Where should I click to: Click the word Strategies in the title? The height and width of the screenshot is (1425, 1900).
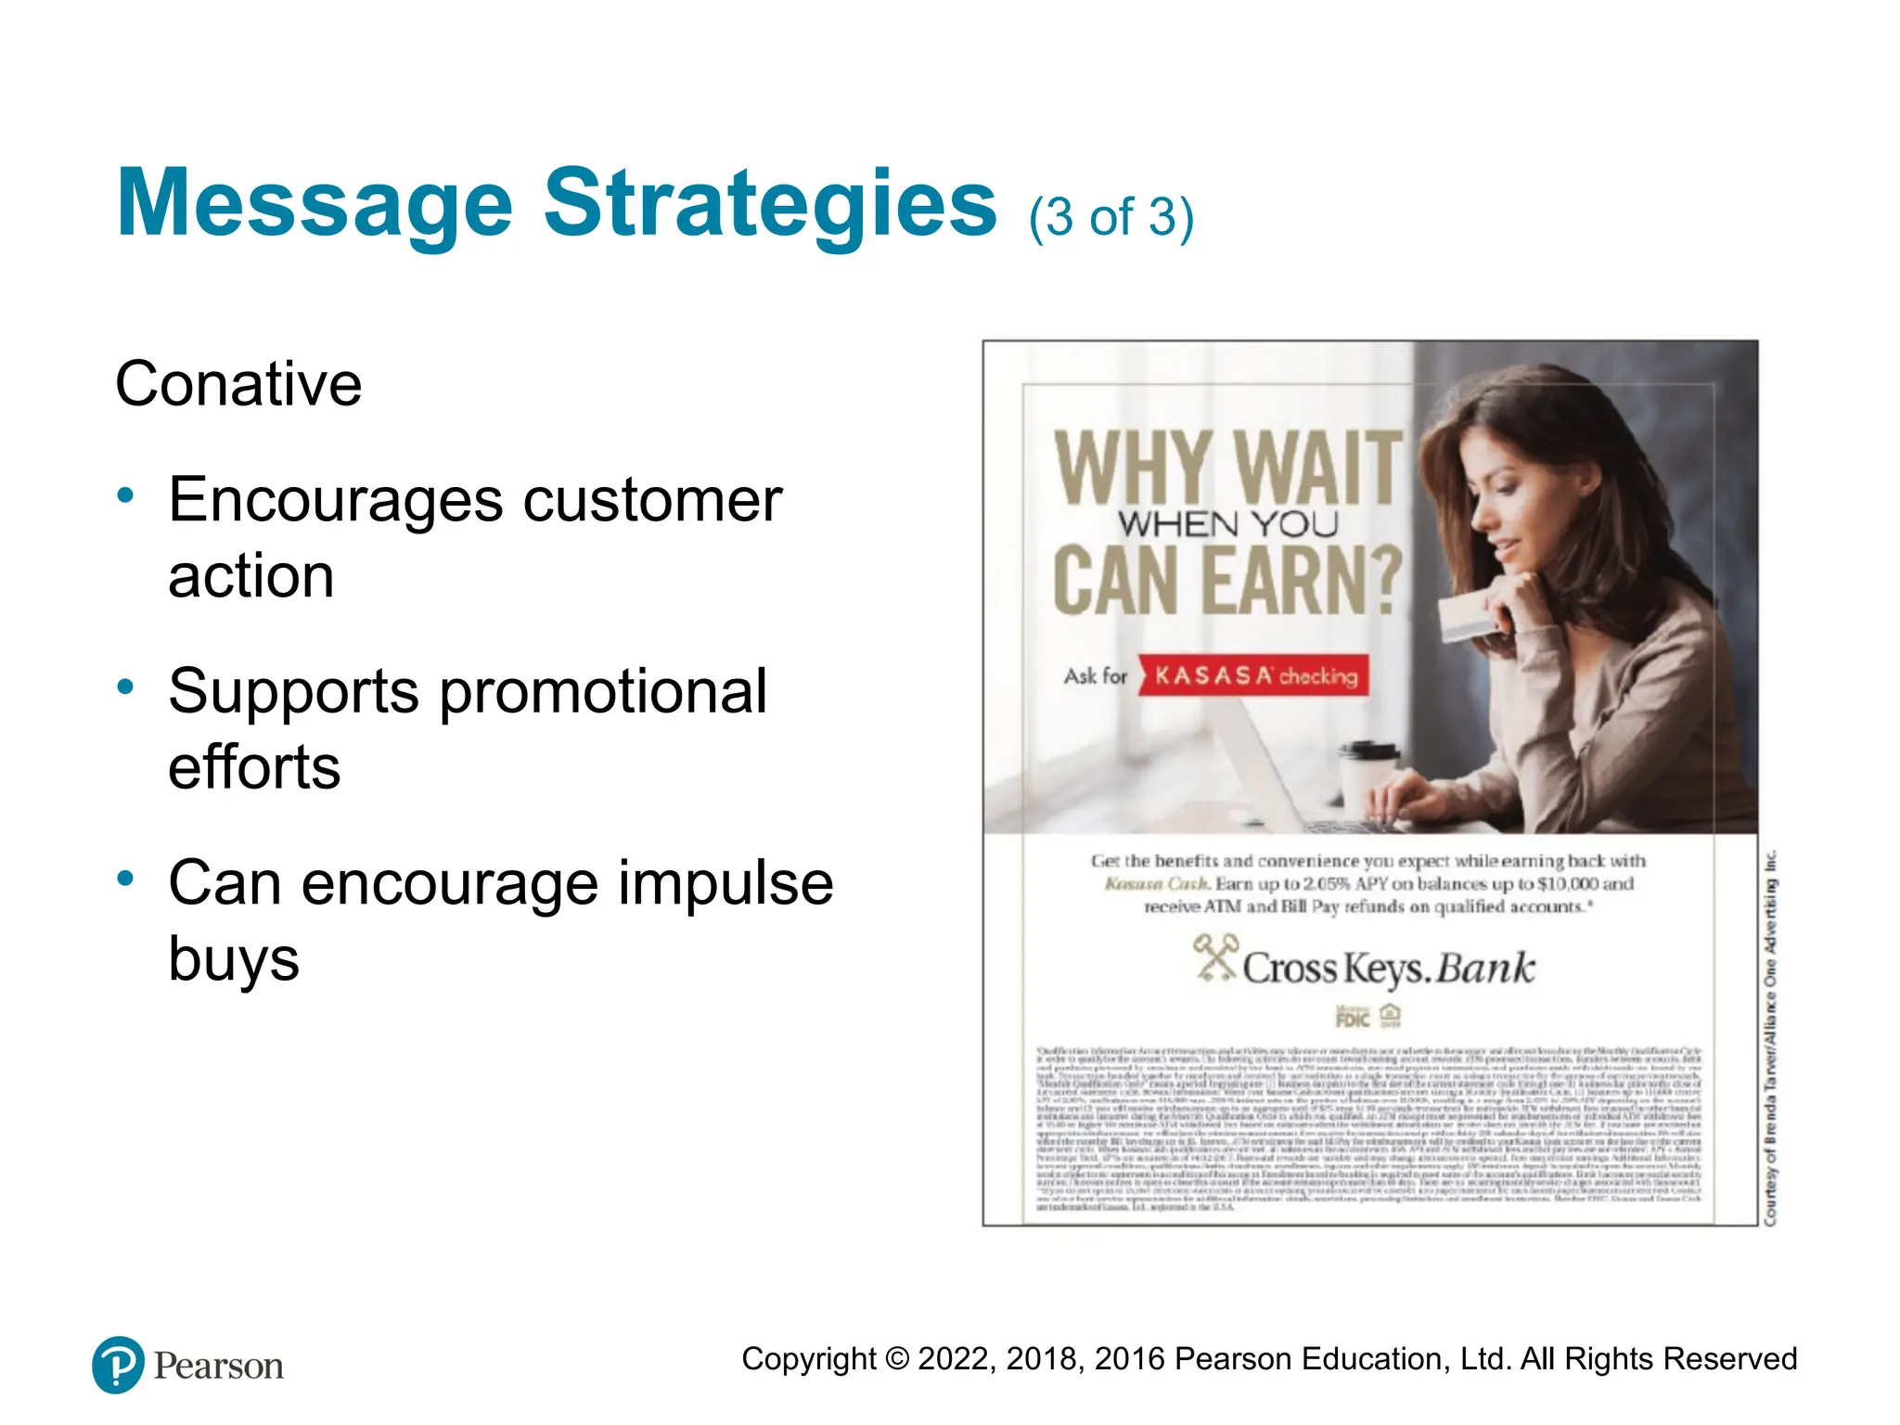click(x=770, y=204)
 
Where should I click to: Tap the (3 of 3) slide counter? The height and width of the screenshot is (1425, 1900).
click(x=1110, y=218)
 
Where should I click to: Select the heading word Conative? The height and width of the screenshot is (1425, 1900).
click(x=238, y=384)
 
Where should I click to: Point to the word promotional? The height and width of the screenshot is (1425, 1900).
click(x=602, y=692)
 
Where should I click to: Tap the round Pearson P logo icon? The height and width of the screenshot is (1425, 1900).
click(x=118, y=1365)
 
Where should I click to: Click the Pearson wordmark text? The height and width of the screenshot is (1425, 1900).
click(x=218, y=1367)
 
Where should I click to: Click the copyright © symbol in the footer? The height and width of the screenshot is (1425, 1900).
click(x=896, y=1359)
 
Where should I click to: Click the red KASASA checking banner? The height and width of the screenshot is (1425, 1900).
click(x=1254, y=675)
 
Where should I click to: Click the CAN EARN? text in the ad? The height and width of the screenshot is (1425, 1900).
click(x=1226, y=582)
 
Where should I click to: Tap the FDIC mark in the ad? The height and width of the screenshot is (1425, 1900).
click(x=1353, y=1017)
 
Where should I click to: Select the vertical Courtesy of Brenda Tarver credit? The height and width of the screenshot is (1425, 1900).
click(x=1770, y=1037)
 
